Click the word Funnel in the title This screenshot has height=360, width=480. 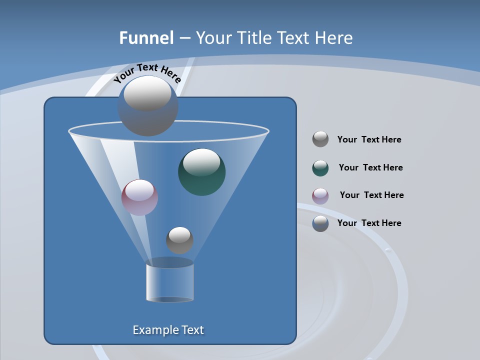tap(146, 38)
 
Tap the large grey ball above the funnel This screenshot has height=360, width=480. tap(147, 105)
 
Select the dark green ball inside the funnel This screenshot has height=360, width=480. tap(201, 171)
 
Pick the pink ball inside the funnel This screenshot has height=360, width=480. tap(139, 197)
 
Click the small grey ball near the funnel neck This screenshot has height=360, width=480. tap(179, 240)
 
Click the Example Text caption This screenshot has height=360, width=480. tap(168, 330)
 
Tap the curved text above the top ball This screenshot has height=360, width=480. tap(146, 72)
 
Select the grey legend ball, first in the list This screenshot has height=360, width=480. tap(320, 139)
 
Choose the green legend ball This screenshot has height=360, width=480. tap(320, 168)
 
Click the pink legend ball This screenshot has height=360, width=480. tap(320, 196)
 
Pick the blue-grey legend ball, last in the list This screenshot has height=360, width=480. tap(320, 223)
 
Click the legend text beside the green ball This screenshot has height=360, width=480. tap(370, 167)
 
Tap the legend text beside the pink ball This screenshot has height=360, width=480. tap(371, 195)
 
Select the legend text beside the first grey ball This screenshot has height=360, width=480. tap(369, 139)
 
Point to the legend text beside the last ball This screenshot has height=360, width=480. tap(369, 223)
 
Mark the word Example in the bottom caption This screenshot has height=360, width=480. tap(154, 330)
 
